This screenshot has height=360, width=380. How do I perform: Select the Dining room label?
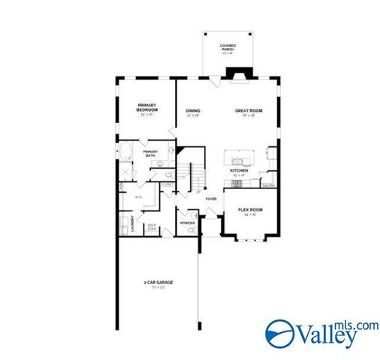pos(193,113)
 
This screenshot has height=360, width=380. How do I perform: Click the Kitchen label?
pos(239,172)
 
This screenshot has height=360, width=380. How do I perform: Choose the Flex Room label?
pos(249,211)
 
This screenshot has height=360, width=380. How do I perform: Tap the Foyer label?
pos(211,199)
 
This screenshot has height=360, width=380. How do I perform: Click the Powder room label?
pos(187,223)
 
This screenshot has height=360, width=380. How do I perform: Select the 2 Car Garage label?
pos(158,283)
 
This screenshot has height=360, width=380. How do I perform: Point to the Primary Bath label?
pos(150,154)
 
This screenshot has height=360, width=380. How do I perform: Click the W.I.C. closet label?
pos(138,197)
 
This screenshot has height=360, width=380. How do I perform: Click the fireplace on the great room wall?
pos(240,73)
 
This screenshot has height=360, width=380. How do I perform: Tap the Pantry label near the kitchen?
pos(267,184)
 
